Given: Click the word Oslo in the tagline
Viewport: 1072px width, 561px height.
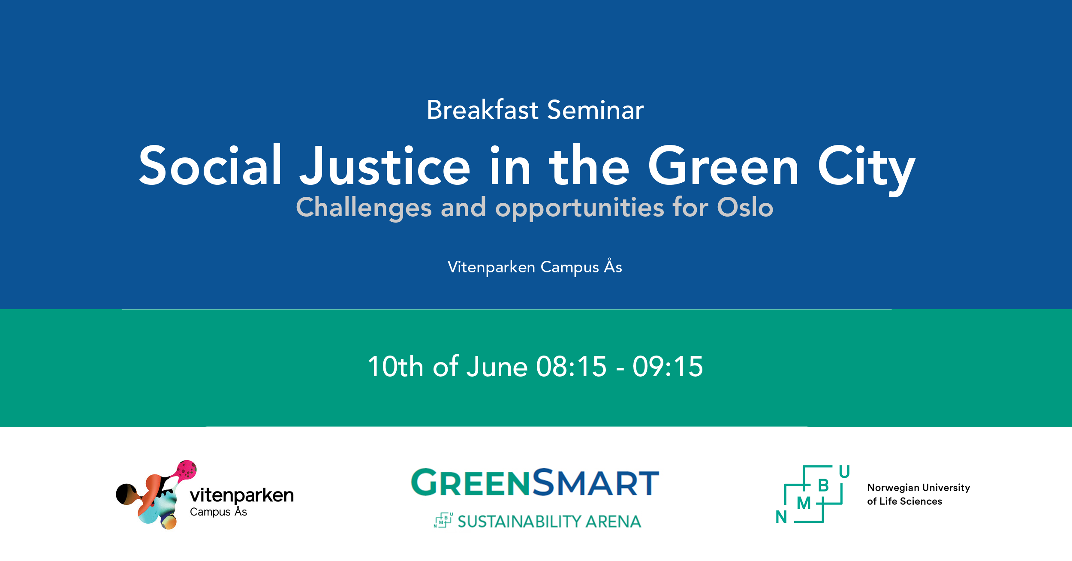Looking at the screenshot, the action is tap(745, 207).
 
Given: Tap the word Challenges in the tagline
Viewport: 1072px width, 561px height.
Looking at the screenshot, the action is tap(364, 208).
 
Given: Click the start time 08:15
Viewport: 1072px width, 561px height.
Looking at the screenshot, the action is tap(572, 366).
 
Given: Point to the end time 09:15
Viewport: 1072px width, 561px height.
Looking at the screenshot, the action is tap(668, 366).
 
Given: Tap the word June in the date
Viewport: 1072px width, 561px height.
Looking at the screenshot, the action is tap(497, 366).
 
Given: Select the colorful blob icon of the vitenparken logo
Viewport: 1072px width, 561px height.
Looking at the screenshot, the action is tap(156, 495).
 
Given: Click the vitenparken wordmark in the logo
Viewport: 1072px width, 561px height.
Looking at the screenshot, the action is tap(242, 495).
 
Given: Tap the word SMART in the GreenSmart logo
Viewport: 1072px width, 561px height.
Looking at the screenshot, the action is tap(596, 482).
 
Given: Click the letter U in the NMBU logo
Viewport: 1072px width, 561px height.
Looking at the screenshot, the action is tap(844, 472).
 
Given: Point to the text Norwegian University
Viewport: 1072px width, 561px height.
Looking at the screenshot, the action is tap(918, 488).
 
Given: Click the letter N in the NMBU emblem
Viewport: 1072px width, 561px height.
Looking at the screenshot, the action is tap(781, 517).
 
